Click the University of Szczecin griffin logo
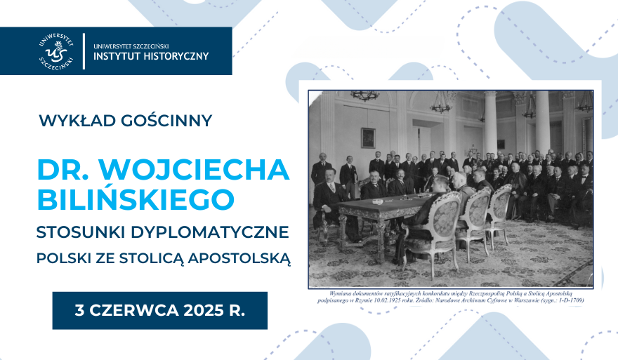coord(58,51)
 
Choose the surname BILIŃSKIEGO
coord(136,199)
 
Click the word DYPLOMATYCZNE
coord(219,231)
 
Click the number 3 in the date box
coord(79,310)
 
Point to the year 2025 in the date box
coord(200,310)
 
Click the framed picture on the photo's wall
coord(367,137)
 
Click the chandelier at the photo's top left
coord(364,96)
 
